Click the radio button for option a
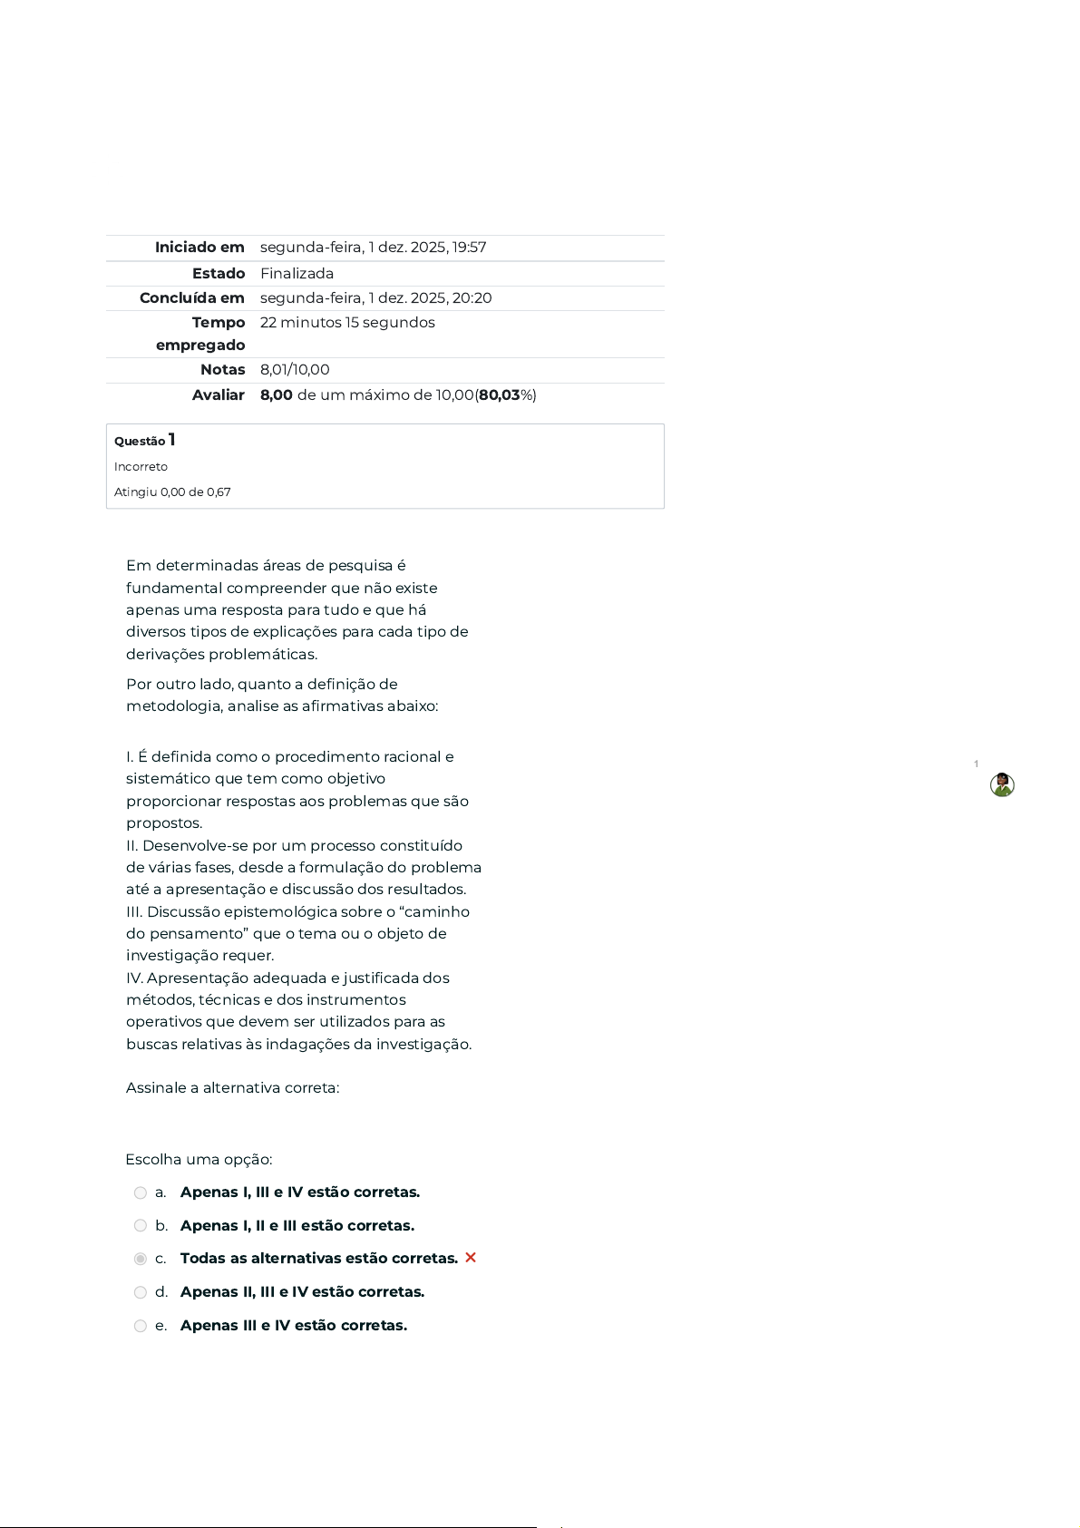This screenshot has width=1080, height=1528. pos(141,1193)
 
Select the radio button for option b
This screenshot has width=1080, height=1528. pos(141,1226)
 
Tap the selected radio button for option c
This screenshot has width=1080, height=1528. pos(141,1259)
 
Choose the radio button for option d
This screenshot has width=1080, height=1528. pos(141,1292)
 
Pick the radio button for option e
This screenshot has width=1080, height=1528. pos(141,1326)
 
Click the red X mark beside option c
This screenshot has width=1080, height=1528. pos(471,1258)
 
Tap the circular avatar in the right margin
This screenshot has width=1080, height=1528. pos(1002,785)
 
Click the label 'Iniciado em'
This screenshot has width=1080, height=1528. pos(199,248)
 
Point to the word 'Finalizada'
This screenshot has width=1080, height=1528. pos(297,274)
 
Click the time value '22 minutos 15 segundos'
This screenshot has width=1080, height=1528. pos(347,323)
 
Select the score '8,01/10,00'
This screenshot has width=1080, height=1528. pos(295,370)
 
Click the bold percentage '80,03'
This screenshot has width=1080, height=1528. pos(500,395)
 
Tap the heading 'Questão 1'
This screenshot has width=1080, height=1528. pos(145,441)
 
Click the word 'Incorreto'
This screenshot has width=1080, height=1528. pos(141,467)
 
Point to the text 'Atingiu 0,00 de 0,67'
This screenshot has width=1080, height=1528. pos(172,492)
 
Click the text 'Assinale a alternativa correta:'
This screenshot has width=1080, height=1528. pos(232,1088)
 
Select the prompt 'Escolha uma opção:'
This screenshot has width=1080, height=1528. pos(199,1160)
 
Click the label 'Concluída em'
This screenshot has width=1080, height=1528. pos(192,298)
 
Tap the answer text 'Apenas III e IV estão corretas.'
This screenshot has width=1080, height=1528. pos(294,1326)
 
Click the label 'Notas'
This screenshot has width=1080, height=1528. pos(223,370)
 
